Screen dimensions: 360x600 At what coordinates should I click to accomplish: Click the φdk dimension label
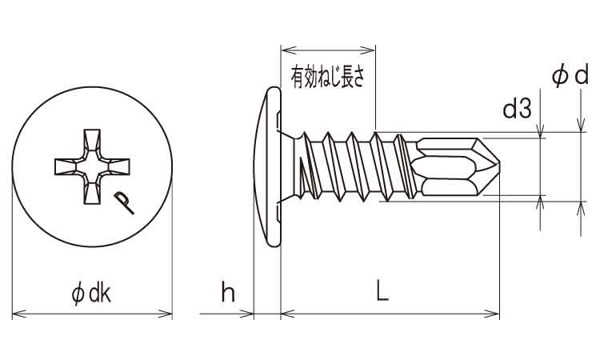[x=91, y=294]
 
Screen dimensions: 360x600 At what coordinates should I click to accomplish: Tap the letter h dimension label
[x=228, y=294]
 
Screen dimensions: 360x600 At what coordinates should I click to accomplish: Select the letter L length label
[x=382, y=294]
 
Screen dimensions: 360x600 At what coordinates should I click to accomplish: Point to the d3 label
[x=517, y=109]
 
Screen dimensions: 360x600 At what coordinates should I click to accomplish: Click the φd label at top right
[x=570, y=76]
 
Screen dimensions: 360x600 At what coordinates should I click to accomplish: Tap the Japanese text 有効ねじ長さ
[x=328, y=78]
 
